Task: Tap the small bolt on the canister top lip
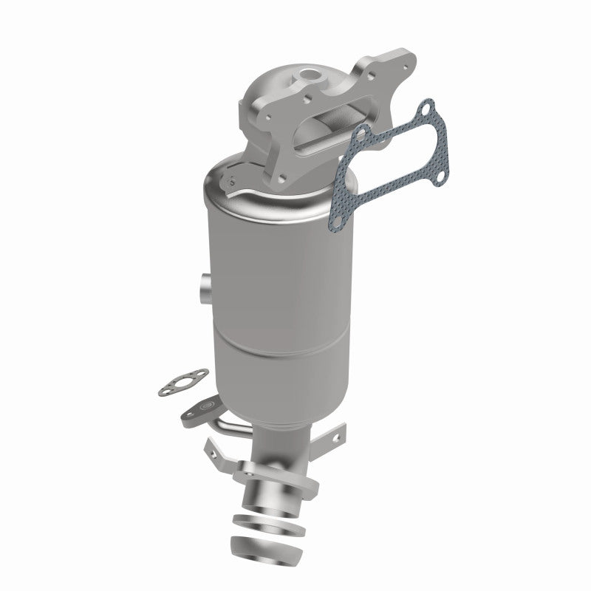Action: pos(231,180)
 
